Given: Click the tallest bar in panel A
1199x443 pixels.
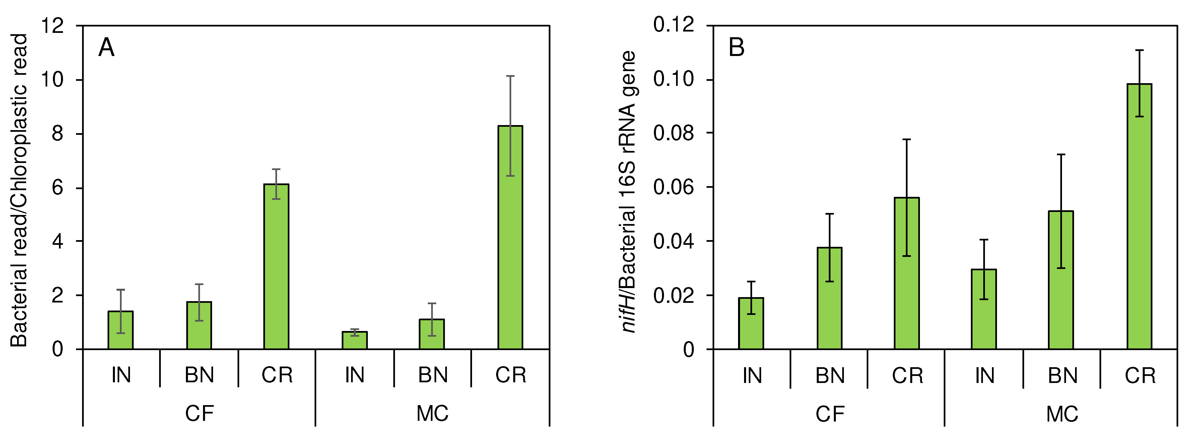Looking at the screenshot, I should (510, 237).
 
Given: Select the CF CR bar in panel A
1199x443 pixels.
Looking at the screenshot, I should (276, 267).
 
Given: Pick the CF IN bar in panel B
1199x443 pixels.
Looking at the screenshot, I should (751, 324).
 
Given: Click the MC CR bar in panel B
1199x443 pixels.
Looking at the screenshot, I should (1139, 217).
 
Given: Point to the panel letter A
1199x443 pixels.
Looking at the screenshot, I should (106, 48).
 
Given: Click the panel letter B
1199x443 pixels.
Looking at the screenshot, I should (736, 48).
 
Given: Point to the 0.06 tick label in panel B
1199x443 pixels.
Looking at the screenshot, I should (673, 187).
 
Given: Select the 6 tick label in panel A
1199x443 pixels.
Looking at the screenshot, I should (58, 188).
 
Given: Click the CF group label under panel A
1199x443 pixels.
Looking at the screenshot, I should (199, 413).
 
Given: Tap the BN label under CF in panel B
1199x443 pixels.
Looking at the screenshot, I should (830, 376).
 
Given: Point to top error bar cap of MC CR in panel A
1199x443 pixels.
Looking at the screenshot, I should (510, 76).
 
